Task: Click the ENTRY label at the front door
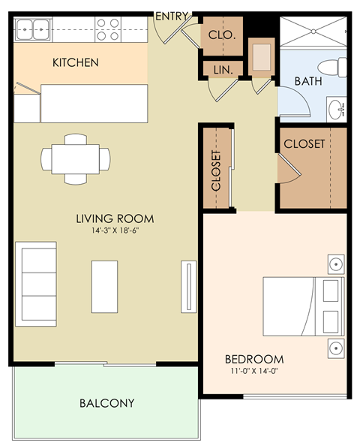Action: (x=171, y=16)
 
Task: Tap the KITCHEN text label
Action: (x=75, y=62)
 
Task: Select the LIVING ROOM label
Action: (x=115, y=218)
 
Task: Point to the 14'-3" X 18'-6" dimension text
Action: (x=114, y=231)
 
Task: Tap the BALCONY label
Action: (x=107, y=403)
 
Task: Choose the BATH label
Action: (x=307, y=81)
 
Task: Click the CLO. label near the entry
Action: (x=222, y=35)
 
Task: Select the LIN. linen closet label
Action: (x=222, y=70)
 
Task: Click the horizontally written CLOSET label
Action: (x=304, y=143)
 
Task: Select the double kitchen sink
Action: (x=33, y=31)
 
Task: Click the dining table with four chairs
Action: (x=75, y=158)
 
